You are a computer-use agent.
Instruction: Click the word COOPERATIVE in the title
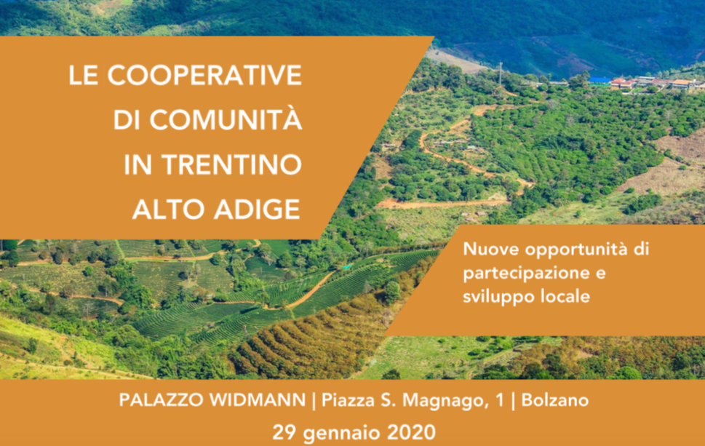[x=204, y=75]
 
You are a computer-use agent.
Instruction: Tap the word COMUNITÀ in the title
[x=226, y=119]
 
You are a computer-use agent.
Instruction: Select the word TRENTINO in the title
[x=232, y=164]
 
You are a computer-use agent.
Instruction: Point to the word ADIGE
[x=257, y=210]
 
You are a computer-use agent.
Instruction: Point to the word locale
[x=565, y=296]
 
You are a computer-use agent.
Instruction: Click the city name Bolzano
[x=555, y=399]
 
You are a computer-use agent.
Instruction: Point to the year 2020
[x=411, y=432]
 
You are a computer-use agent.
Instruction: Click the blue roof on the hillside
[x=600, y=81]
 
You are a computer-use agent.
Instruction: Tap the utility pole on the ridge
[x=500, y=75]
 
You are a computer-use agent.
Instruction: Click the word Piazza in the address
[x=348, y=399]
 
